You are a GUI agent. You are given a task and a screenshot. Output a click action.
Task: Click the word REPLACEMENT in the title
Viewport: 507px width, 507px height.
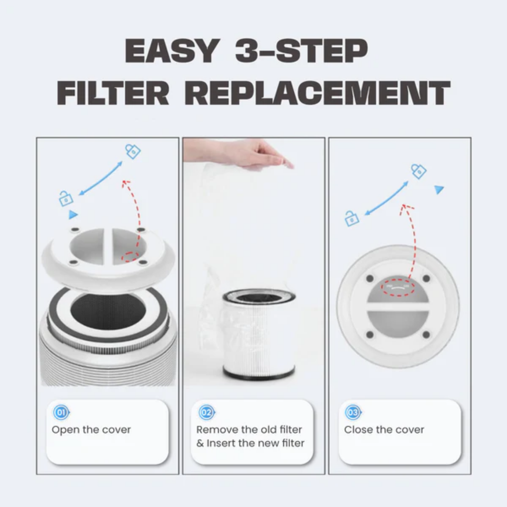pyautogui.click(x=318, y=93)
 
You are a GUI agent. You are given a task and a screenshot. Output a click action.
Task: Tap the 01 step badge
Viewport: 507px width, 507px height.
pyautogui.click(x=61, y=412)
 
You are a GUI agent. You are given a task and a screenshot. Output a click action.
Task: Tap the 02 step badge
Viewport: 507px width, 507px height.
pyautogui.click(x=206, y=412)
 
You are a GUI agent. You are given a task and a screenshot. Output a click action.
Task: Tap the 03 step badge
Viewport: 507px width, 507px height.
pyautogui.click(x=353, y=412)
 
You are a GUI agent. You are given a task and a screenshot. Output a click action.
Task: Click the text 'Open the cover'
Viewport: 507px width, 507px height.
pyautogui.click(x=91, y=430)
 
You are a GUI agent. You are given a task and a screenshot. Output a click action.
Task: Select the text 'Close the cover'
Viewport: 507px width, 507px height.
pyautogui.click(x=384, y=430)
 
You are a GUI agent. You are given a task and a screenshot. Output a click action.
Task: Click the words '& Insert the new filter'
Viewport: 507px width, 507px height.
pyautogui.click(x=250, y=443)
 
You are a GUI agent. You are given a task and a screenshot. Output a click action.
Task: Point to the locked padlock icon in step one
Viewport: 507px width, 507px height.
pyautogui.click(x=133, y=151)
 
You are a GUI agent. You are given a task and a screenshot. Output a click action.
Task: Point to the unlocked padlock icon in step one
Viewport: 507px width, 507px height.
pyautogui.click(x=65, y=199)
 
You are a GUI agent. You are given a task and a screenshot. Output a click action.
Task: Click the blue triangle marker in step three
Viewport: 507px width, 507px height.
pyautogui.click(x=438, y=189)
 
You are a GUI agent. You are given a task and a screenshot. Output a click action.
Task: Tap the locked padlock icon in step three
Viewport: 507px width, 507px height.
pyautogui.click(x=419, y=171)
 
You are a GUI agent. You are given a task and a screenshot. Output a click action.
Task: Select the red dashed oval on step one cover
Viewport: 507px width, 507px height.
pyautogui.click(x=130, y=257)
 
